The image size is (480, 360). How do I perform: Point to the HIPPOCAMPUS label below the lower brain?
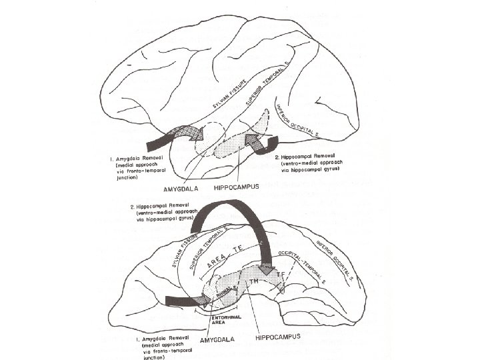click(283, 336)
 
